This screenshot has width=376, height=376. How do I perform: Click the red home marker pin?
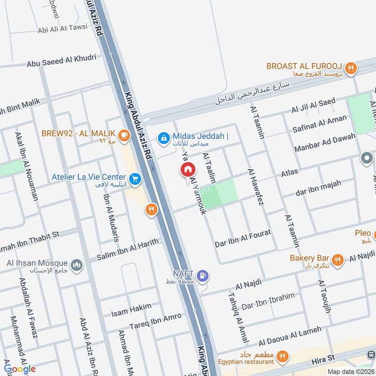tap(188, 170)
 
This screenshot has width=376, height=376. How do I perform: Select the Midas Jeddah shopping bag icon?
tap(164, 138)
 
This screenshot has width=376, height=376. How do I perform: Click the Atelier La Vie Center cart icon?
tap(135, 179)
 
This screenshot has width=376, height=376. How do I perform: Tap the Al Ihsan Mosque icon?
tap(77, 266)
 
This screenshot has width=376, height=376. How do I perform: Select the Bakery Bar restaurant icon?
tap(337, 259)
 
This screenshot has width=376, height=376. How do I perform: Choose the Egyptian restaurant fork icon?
tap(282, 356)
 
